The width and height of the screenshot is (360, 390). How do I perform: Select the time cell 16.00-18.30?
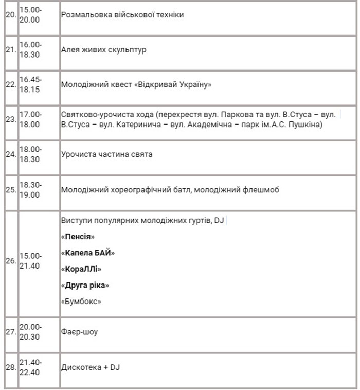click(30, 49)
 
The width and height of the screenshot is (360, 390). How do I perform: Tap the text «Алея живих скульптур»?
click(104, 50)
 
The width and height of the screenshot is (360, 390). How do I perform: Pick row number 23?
click(10, 119)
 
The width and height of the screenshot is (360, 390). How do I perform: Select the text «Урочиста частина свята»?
click(106, 154)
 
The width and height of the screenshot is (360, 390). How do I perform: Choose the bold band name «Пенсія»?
click(78, 237)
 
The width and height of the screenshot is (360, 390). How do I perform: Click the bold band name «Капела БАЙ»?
click(87, 253)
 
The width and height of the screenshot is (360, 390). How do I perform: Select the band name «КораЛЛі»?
click(81, 269)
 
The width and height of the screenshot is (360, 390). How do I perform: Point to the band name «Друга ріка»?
click(85, 285)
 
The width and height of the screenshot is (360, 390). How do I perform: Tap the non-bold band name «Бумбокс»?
click(81, 301)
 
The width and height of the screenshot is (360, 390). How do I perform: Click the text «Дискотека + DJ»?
click(91, 367)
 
